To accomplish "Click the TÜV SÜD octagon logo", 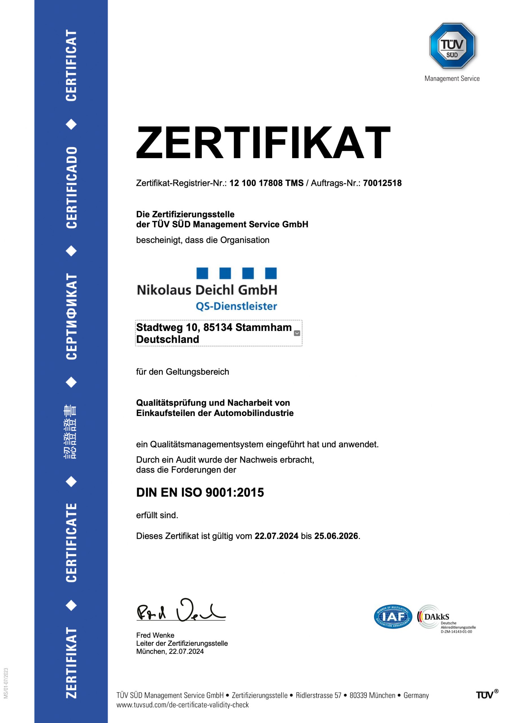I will pos(452,46).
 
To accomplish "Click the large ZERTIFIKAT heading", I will pos(263,142).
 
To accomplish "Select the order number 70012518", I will pos(382,183).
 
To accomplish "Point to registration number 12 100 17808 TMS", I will pos(266,183).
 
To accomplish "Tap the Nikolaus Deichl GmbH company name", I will pos(207,290).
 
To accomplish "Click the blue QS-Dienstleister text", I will pos(236,306).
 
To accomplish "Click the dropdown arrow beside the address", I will pos(297,333).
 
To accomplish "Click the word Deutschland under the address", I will pos(168,339).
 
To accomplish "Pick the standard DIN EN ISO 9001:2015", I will pos(200,493).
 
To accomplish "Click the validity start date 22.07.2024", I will pos(276,536).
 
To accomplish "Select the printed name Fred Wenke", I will pos(155,635).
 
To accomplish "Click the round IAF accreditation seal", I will pos(393,617).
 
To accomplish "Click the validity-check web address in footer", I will pos(183,705).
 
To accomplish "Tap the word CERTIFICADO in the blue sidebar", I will pos(71,187).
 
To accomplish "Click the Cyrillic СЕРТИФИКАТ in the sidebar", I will pos(71,317).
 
